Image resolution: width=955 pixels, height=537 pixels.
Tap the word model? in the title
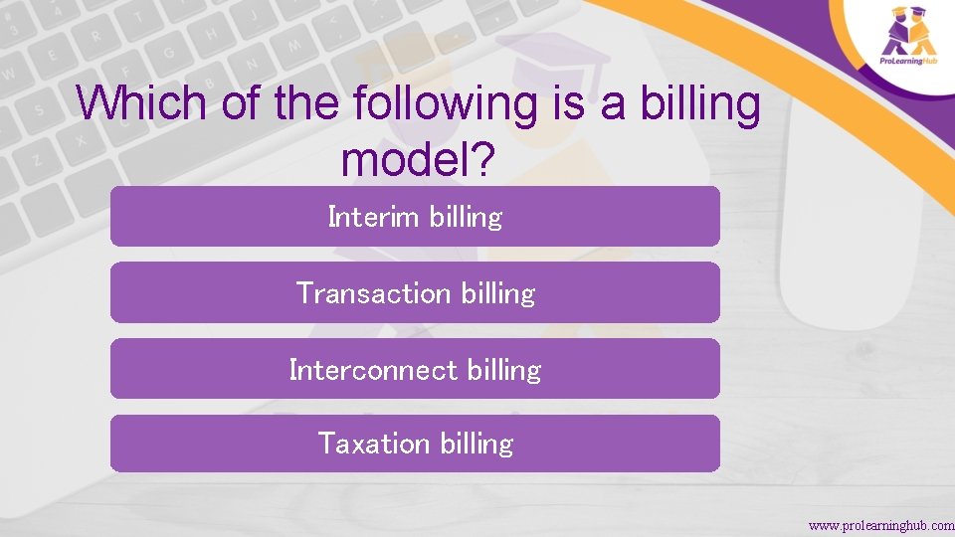(x=416, y=159)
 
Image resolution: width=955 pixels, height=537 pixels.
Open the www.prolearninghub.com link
(x=880, y=525)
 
